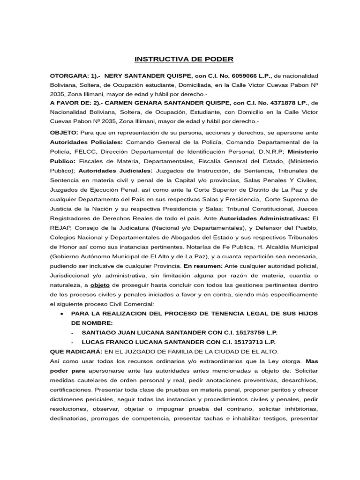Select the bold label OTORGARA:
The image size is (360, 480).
click(68, 75)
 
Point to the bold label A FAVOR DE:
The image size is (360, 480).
click(71, 103)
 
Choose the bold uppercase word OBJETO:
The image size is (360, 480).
click(64, 133)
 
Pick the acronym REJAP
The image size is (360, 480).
click(61, 228)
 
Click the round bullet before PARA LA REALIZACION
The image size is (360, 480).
click(63, 314)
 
